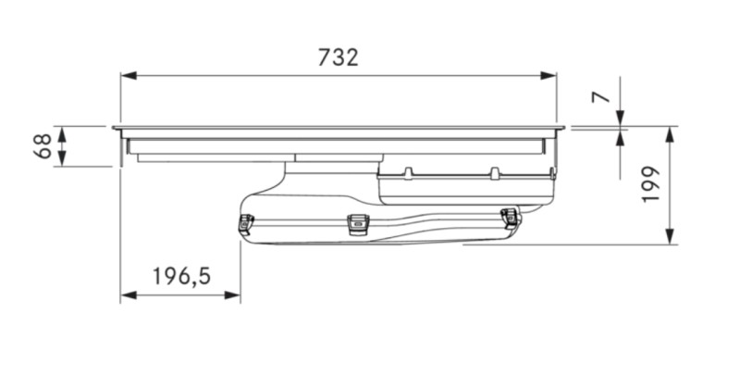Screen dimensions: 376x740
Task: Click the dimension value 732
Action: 338,57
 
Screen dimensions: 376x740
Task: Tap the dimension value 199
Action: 649,185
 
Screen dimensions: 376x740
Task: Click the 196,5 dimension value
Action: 181,275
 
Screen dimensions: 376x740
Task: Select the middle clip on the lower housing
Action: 357,222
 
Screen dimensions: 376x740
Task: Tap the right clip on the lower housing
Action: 510,217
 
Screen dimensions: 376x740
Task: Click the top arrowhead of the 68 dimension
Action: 62,132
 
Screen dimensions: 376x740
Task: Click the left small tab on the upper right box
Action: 407,171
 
